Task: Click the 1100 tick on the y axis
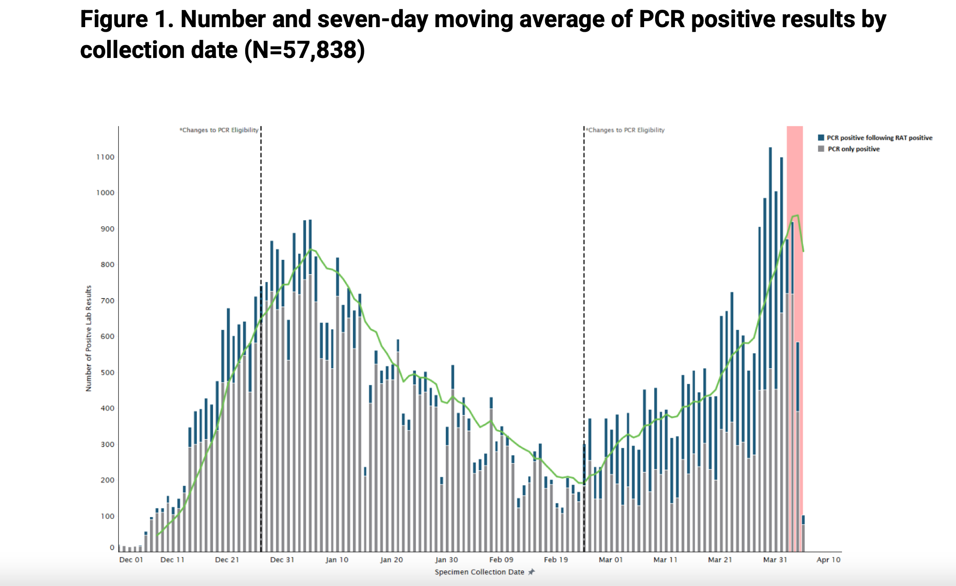[x=105, y=157]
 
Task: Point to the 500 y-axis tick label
[x=107, y=373]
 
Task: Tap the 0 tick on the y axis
[x=112, y=547]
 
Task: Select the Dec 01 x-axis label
[x=131, y=560]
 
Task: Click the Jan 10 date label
[x=337, y=560]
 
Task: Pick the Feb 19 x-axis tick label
[x=556, y=560]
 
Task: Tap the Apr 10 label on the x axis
[x=828, y=560]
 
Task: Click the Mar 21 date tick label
[x=720, y=560]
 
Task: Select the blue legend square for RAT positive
[x=821, y=138]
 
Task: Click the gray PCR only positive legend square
[x=821, y=149]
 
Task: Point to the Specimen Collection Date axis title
[x=479, y=572]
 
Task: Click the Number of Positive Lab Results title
[x=89, y=339]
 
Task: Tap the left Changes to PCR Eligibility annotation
[x=219, y=130]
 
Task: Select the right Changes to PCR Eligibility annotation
[x=626, y=130]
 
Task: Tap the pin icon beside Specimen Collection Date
[x=531, y=572]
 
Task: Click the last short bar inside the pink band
[x=803, y=534]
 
